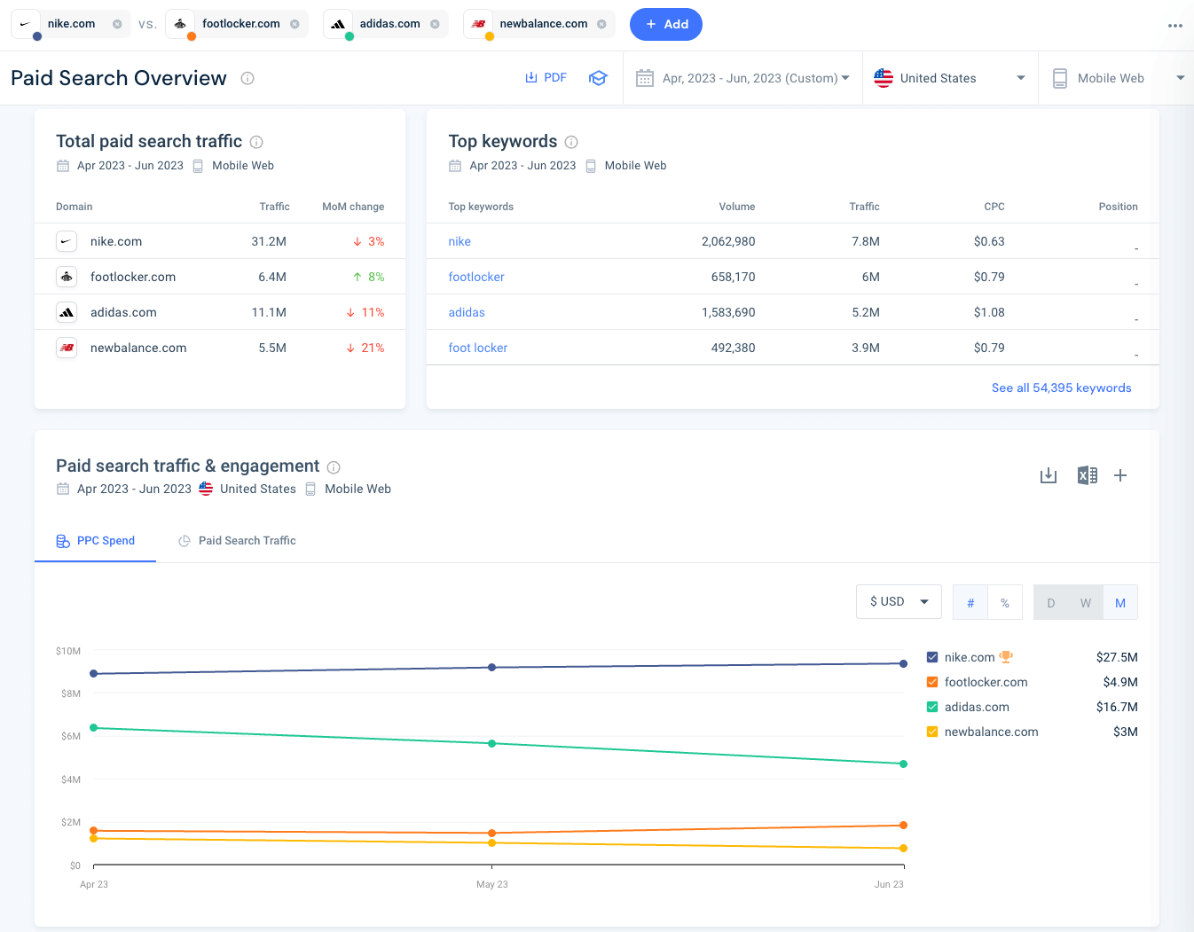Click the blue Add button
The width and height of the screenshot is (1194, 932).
pos(665,25)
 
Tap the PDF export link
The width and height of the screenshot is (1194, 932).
pos(546,78)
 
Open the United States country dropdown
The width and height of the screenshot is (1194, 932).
pos(948,78)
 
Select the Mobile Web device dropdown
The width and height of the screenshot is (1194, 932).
pos(1118,78)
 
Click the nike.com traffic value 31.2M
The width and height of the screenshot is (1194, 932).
pos(269,241)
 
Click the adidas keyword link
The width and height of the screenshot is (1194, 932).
pos(467,312)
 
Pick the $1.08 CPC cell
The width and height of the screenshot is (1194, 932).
pos(989,312)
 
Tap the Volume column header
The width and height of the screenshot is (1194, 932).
pos(736,207)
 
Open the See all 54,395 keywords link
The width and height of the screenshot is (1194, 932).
pos(1061,388)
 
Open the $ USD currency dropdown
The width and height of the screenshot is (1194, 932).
pos(899,601)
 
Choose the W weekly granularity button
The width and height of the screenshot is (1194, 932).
pos(1086,603)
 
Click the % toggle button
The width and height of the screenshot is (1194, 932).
pos(1005,603)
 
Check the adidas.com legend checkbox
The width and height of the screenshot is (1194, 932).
pos(932,707)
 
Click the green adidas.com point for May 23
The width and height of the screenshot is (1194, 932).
pos(492,743)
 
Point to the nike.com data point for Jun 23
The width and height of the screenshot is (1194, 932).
pos(903,663)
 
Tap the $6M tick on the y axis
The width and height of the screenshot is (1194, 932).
pos(71,736)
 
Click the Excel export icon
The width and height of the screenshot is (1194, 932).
pos(1087,475)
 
